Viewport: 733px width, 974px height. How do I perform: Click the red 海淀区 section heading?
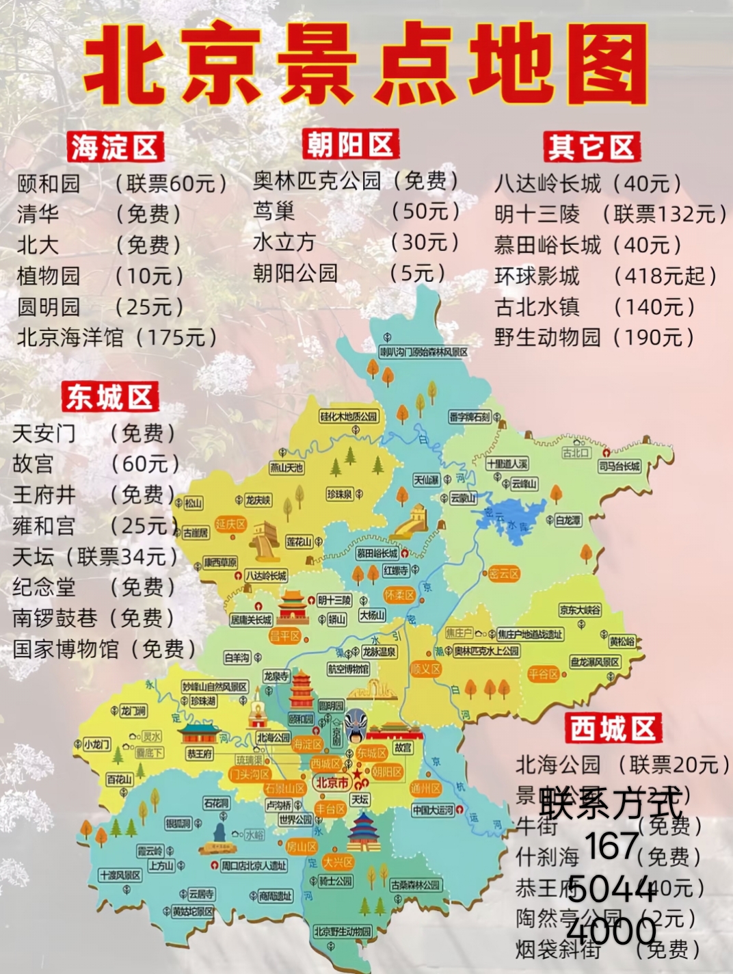pyautogui.click(x=114, y=148)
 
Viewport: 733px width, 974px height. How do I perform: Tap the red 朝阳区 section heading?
pyautogui.click(x=350, y=144)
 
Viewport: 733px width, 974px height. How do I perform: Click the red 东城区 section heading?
pyautogui.click(x=109, y=397)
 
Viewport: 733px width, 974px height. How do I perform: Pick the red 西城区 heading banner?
pyautogui.click(x=613, y=728)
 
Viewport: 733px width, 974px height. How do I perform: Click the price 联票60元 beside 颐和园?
pyautogui.click(x=171, y=183)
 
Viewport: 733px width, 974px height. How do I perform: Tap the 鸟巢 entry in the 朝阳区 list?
pyautogui.click(x=274, y=211)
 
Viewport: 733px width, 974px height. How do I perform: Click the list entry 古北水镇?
pyautogui.click(x=537, y=306)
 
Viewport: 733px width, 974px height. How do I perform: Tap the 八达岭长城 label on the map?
pyautogui.click(x=266, y=576)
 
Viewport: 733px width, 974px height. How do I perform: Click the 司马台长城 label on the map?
pyautogui.click(x=619, y=466)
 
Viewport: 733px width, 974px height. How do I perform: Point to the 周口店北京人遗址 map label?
pyautogui.click(x=253, y=866)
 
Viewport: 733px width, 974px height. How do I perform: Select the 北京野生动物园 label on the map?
pyautogui.click(x=343, y=932)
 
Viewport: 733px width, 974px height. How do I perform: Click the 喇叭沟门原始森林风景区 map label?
pyautogui.click(x=424, y=352)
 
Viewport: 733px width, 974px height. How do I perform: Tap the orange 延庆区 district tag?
pyautogui.click(x=230, y=524)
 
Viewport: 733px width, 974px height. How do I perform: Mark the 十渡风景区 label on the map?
pyautogui.click(x=120, y=875)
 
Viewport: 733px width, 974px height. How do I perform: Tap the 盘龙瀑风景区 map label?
pyautogui.click(x=595, y=662)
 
